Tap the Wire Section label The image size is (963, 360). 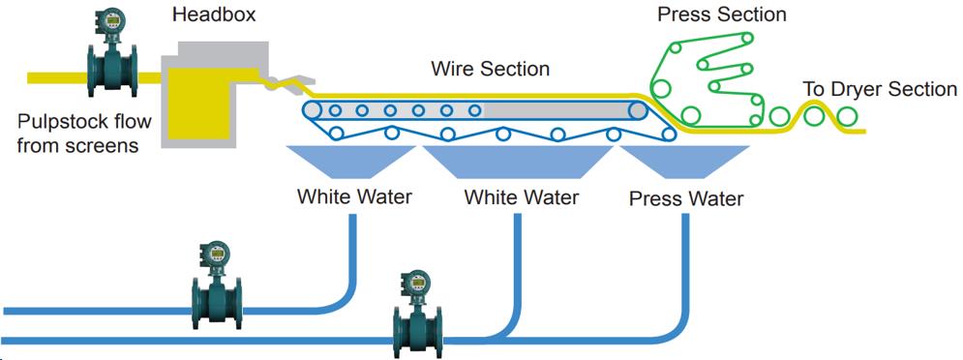coord(490,70)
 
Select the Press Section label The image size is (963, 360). coord(721,15)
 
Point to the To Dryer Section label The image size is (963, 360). coord(880,90)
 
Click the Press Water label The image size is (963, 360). coord(685,199)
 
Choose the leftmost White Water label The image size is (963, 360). coord(354,197)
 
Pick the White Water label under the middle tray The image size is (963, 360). coord(521,197)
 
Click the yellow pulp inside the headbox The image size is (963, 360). coord(198,106)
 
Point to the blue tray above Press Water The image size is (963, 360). coord(685,160)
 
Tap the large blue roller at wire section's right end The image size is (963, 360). coord(638,110)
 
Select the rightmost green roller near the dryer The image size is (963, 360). coord(847,117)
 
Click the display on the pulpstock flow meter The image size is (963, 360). coord(105,20)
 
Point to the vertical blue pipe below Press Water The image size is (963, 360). coord(687,261)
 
